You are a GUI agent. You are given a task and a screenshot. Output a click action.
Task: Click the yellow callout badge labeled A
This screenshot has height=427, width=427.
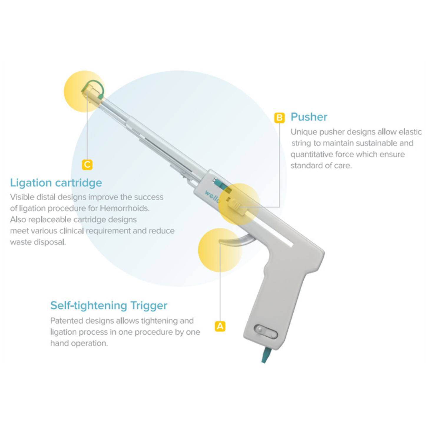point(220,326)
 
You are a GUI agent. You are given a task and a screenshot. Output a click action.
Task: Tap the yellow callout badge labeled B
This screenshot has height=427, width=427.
point(279,118)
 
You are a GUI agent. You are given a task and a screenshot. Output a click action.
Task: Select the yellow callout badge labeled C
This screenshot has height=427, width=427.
point(87,165)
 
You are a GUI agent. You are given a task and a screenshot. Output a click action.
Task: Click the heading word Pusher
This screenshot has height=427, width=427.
point(309,117)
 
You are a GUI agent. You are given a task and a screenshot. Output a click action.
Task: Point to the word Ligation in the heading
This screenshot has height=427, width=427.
point(31,183)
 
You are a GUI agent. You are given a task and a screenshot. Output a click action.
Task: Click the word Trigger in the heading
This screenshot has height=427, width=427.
point(149,306)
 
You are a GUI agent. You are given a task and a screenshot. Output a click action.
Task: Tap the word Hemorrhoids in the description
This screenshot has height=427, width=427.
point(125,208)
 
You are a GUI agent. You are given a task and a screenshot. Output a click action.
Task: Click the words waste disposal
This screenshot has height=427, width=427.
point(38,242)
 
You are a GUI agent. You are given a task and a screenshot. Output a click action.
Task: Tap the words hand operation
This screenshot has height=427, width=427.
point(79,343)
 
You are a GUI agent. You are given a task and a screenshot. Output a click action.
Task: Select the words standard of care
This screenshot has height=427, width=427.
point(321,165)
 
